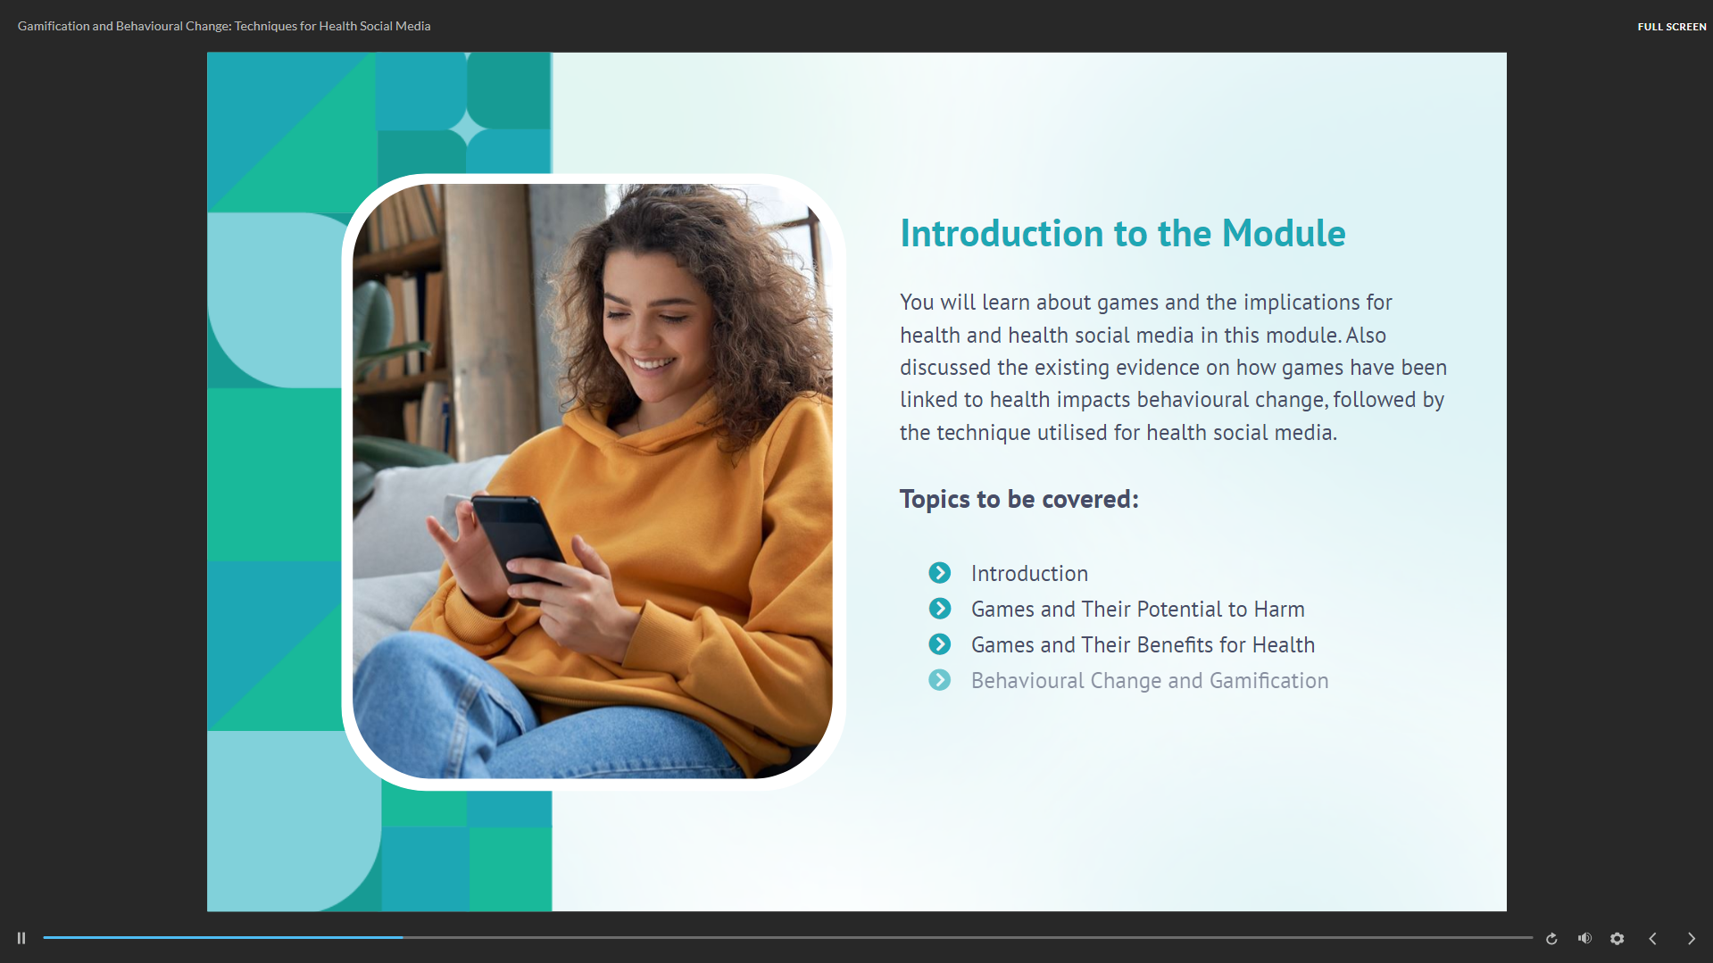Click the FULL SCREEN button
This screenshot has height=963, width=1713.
point(1671,27)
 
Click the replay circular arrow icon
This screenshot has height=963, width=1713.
point(1551,938)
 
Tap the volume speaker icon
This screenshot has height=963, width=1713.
point(1584,938)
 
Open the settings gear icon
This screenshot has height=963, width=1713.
point(1617,938)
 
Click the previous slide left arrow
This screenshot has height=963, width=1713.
point(1652,938)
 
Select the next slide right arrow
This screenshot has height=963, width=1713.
point(1691,938)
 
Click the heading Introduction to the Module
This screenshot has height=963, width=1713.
point(1122,233)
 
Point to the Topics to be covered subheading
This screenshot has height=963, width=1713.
point(1019,499)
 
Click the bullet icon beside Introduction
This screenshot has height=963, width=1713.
point(939,572)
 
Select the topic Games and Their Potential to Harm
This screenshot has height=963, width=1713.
point(1137,609)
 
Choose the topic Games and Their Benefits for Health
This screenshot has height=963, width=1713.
point(1143,644)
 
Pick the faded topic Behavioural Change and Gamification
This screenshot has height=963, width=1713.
point(1150,681)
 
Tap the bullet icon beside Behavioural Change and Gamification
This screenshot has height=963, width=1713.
point(939,680)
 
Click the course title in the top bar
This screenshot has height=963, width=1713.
point(224,26)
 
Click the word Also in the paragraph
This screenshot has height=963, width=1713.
point(1366,336)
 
